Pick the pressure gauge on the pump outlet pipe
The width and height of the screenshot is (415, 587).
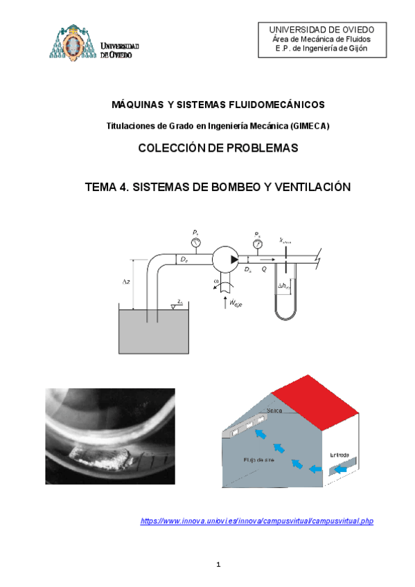coord(258,243)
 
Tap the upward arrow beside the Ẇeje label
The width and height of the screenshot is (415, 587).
coord(222,302)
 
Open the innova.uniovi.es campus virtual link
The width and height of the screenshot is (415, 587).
coord(257,521)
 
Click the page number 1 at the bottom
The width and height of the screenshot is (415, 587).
coord(218,565)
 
